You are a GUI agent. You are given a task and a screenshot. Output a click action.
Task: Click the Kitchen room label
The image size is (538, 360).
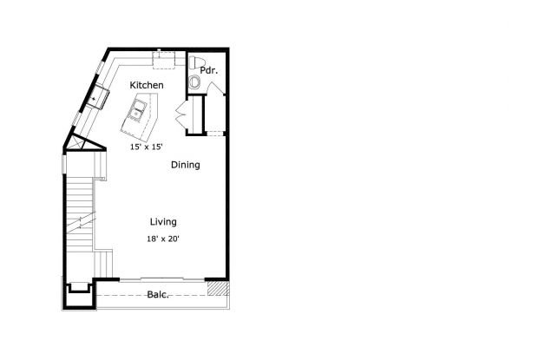147,85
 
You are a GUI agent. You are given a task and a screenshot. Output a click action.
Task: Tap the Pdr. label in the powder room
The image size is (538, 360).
208,70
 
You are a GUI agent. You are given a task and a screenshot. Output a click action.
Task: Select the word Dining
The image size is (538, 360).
186,165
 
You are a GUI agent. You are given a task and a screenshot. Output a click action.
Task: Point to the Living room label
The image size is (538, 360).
163,222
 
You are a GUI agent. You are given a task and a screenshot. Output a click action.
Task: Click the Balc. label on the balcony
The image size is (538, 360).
158,295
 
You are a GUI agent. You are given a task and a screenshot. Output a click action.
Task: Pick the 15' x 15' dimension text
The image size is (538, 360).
146,147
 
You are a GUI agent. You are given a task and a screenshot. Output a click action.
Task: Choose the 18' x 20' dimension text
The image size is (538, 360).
163,239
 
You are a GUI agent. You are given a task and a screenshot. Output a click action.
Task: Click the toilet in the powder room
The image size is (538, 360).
196,62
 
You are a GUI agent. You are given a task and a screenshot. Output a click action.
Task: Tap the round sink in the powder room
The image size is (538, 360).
195,82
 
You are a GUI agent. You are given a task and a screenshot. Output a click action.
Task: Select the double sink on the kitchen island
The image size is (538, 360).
138,109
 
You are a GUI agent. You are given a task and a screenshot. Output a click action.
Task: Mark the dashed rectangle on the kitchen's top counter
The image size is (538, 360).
164,60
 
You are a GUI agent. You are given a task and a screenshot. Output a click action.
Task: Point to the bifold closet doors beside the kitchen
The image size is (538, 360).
180,114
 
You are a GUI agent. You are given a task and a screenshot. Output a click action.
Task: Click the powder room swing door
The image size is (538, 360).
216,88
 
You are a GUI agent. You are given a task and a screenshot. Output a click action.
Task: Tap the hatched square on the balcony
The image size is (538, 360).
218,288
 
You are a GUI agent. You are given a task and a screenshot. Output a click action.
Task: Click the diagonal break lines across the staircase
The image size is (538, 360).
81,222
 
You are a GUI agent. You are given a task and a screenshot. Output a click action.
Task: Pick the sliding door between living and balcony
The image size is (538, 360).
162,279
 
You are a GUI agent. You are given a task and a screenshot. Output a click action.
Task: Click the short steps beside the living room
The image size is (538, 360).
103,265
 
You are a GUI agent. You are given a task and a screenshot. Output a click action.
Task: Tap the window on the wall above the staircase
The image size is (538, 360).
63,164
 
